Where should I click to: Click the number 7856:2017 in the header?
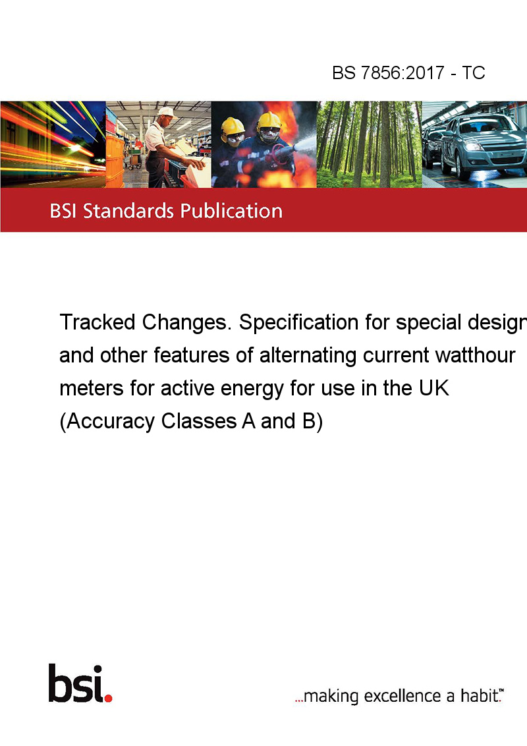[x=402, y=73]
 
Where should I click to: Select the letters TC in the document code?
[x=473, y=73]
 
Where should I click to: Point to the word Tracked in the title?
[x=97, y=322]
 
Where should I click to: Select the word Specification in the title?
[x=298, y=322]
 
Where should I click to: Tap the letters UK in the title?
[x=434, y=387]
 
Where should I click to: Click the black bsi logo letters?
[x=76, y=683]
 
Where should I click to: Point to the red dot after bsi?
[x=108, y=698]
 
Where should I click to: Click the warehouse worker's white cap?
[x=167, y=112]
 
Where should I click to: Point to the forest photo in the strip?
[x=369, y=144]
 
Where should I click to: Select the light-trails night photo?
[x=53, y=144]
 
